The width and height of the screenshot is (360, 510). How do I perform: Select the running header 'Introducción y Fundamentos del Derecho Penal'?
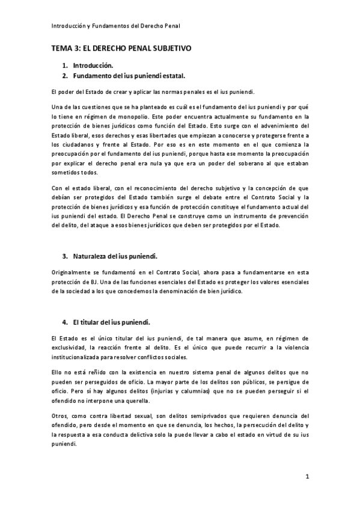pyautogui.click(x=114, y=26)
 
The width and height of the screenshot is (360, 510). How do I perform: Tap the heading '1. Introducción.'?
pyautogui.click(x=88, y=65)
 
